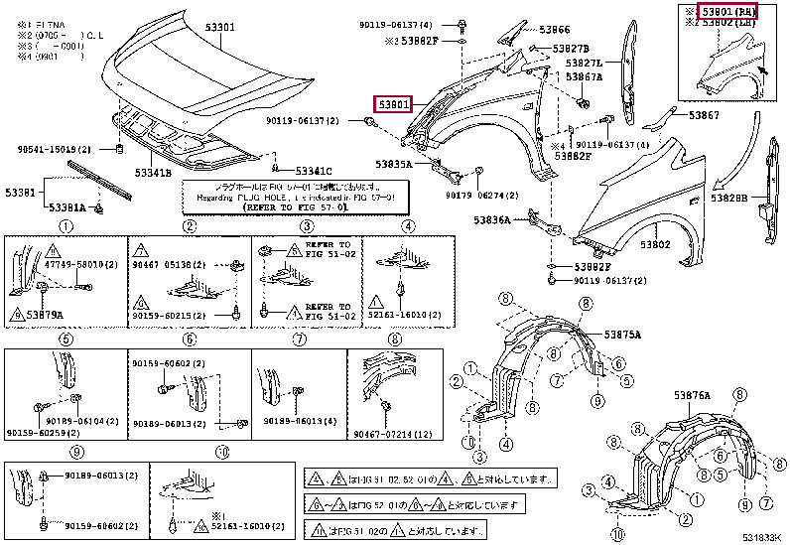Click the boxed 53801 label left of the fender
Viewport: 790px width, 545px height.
point(392,103)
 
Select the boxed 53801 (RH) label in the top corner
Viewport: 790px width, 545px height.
point(727,12)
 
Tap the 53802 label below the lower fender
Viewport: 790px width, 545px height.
point(654,244)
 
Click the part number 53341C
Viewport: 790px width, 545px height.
point(312,171)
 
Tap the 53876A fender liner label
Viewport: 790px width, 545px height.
point(695,395)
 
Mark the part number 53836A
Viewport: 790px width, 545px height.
point(492,219)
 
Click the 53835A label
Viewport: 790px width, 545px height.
point(395,164)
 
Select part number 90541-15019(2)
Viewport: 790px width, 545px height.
point(54,149)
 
